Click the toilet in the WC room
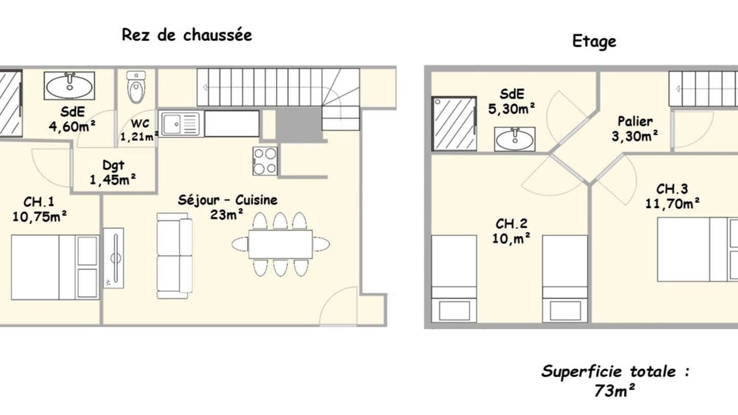point(135,87)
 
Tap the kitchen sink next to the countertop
point(179,124)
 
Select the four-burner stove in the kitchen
point(265,161)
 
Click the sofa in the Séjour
point(174,255)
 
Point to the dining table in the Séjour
point(280,244)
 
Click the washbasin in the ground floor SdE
point(69,86)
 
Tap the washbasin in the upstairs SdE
point(515,139)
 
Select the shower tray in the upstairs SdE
point(454,123)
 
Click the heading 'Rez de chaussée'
point(187,35)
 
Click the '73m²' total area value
point(615,391)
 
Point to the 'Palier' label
point(635,121)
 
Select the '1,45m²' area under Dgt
point(112,179)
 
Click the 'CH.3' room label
point(672,189)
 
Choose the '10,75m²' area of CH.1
point(40,217)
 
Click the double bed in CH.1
point(55,267)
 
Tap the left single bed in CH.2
point(454,278)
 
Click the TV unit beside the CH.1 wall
point(114,258)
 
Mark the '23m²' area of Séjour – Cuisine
point(227,215)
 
